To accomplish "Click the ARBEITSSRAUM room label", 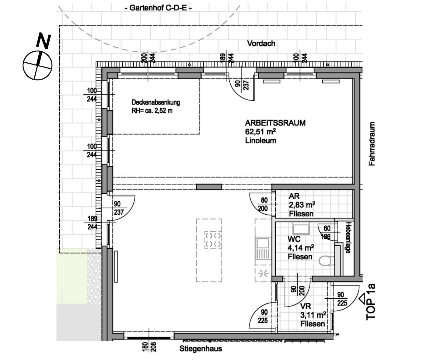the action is [275, 123].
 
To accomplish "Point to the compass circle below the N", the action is [37, 65].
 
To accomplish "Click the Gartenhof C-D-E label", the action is [158, 8].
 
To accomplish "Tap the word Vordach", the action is [261, 43].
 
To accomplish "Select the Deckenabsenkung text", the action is [155, 102].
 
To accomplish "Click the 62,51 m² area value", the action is [260, 132].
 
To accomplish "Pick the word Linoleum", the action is [260, 140].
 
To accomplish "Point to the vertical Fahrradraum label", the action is [372, 144].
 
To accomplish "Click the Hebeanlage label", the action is [348, 237].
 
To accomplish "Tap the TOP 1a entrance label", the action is [370, 302].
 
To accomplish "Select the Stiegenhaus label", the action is [201, 349].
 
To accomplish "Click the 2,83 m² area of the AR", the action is [302, 205].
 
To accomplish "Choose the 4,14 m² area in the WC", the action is [301, 248].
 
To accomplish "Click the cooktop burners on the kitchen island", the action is [213, 240].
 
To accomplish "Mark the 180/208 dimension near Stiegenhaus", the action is [149, 347].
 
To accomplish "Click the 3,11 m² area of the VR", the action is [313, 315].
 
